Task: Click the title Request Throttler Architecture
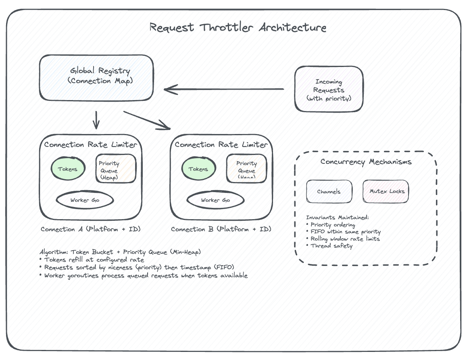[238, 27]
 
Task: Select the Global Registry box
[96, 77]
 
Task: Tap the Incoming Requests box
[329, 89]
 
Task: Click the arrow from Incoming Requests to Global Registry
[224, 89]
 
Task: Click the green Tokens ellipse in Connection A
[68, 169]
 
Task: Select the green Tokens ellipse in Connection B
[198, 169]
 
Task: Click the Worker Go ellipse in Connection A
[85, 200]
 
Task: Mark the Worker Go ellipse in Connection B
[215, 200]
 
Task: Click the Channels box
[329, 191]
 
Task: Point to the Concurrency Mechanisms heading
[366, 162]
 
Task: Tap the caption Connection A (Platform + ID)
[90, 229]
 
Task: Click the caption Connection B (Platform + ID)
[221, 229]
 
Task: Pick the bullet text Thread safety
[331, 246]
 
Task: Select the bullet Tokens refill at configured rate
[94, 260]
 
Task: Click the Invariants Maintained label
[337, 218]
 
